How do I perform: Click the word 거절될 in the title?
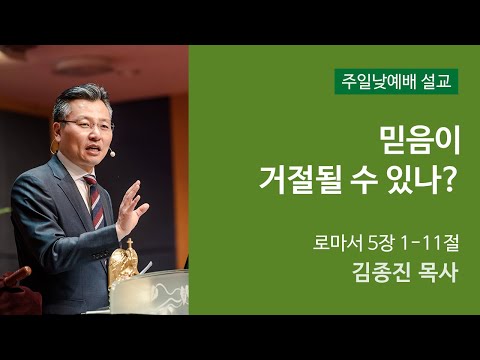297,183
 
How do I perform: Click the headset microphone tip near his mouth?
112,155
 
